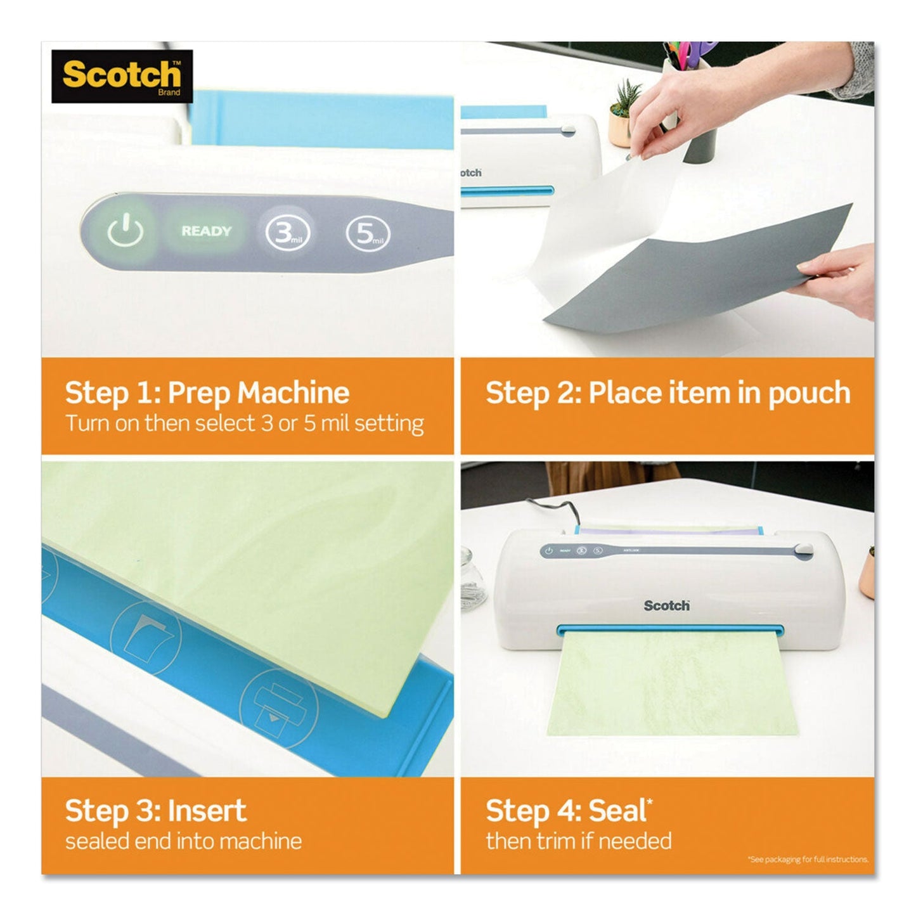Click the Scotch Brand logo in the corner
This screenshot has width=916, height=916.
click(x=122, y=77)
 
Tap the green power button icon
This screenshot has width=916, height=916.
click(x=125, y=231)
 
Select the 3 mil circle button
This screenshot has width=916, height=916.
click(x=288, y=233)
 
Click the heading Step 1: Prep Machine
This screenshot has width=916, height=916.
click(x=207, y=393)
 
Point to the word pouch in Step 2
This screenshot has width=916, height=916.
click(x=809, y=394)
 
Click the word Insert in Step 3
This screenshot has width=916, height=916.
click(x=207, y=811)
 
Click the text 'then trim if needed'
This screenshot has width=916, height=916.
click(x=579, y=841)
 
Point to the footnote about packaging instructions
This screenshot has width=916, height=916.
click(x=808, y=860)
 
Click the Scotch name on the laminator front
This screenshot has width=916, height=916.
click(x=666, y=606)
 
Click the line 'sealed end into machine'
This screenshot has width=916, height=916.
click(x=183, y=841)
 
